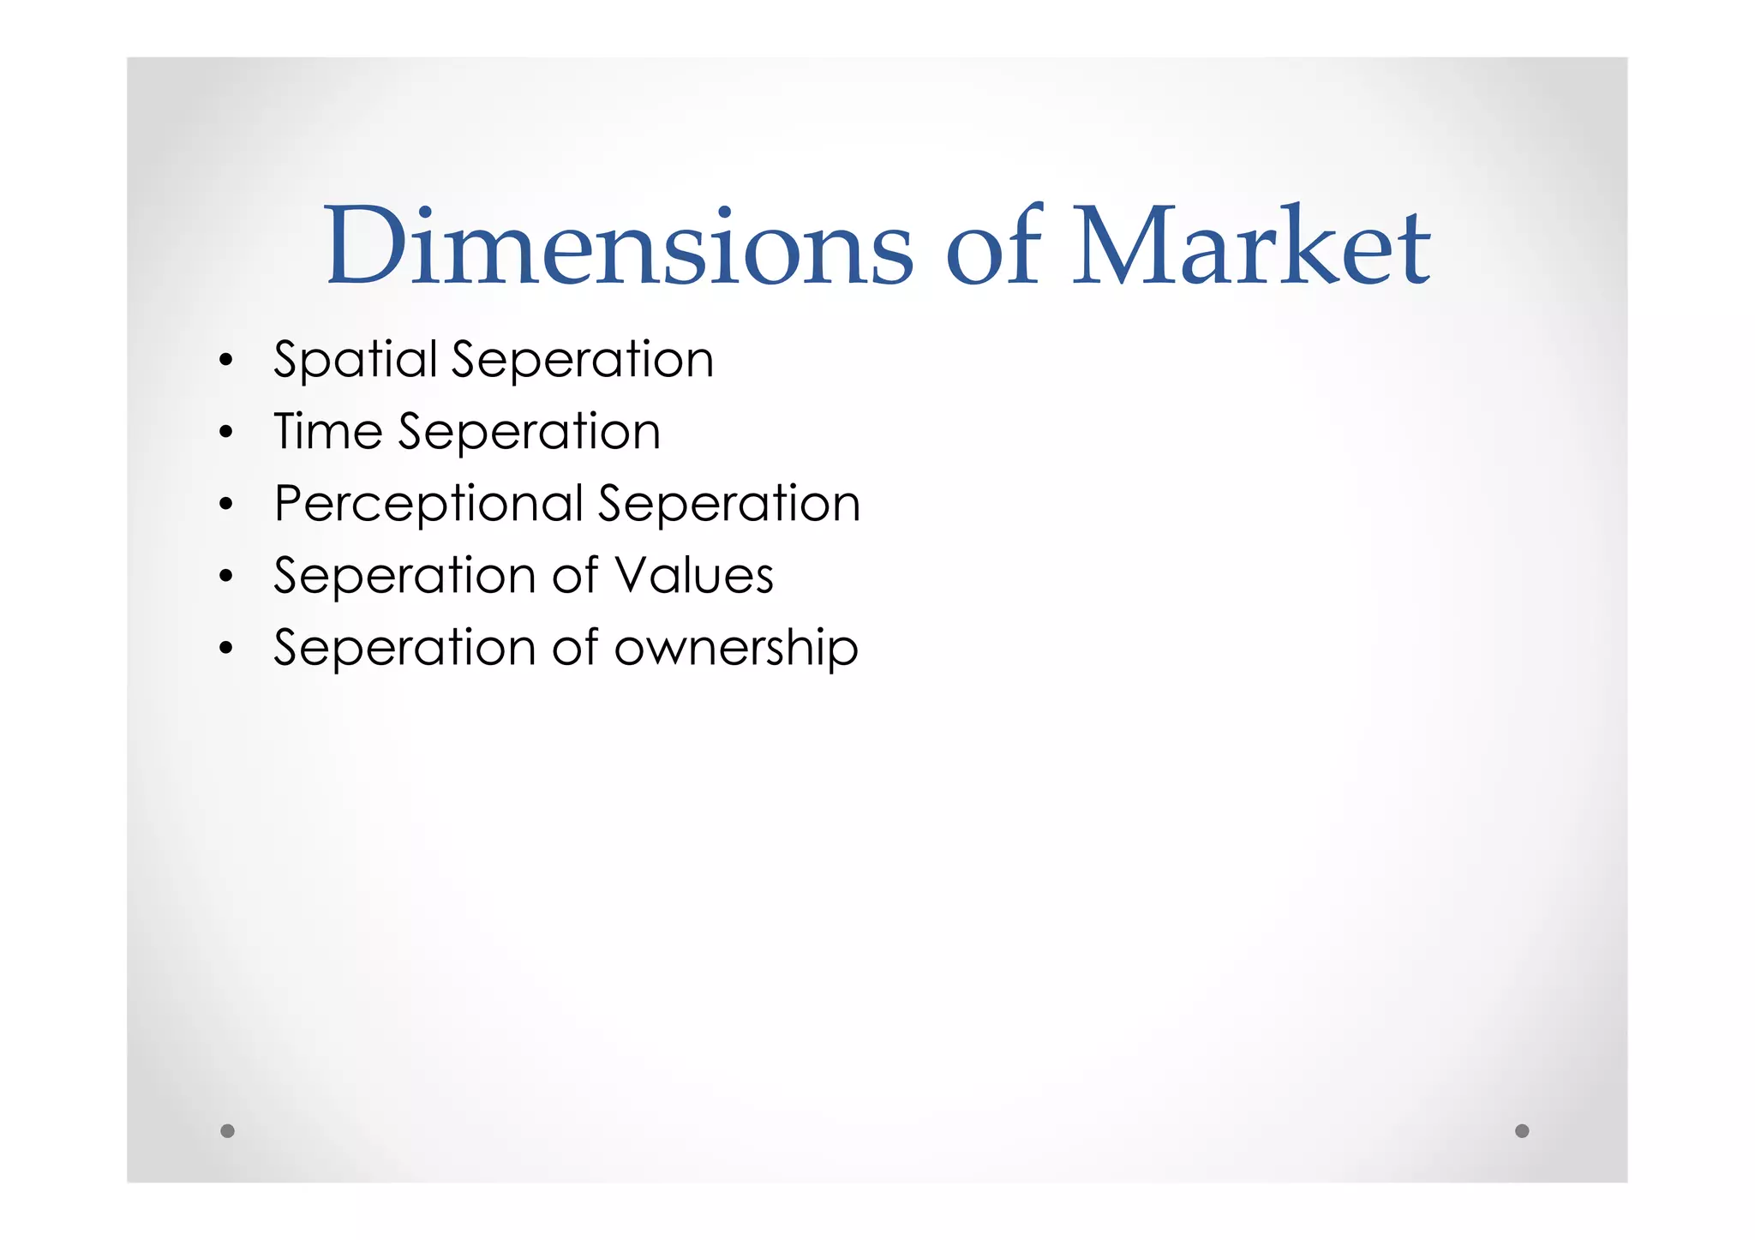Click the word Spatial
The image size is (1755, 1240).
(356, 360)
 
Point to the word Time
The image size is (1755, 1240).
(327, 431)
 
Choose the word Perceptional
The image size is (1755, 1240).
(428, 504)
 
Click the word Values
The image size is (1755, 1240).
(694, 575)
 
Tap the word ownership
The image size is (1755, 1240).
(736, 649)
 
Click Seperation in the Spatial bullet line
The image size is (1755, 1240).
(583, 360)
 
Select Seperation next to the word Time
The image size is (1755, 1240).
(529, 431)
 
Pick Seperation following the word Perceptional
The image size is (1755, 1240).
(729, 503)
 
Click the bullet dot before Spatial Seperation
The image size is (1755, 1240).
(225, 361)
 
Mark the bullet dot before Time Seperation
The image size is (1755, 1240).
(225, 433)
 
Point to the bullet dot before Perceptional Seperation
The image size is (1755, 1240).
(225, 505)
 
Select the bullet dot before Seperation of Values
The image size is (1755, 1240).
(225, 577)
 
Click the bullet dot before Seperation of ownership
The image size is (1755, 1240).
(225, 649)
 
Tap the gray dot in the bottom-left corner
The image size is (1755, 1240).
(227, 1130)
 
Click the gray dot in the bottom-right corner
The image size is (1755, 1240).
(1522, 1130)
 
